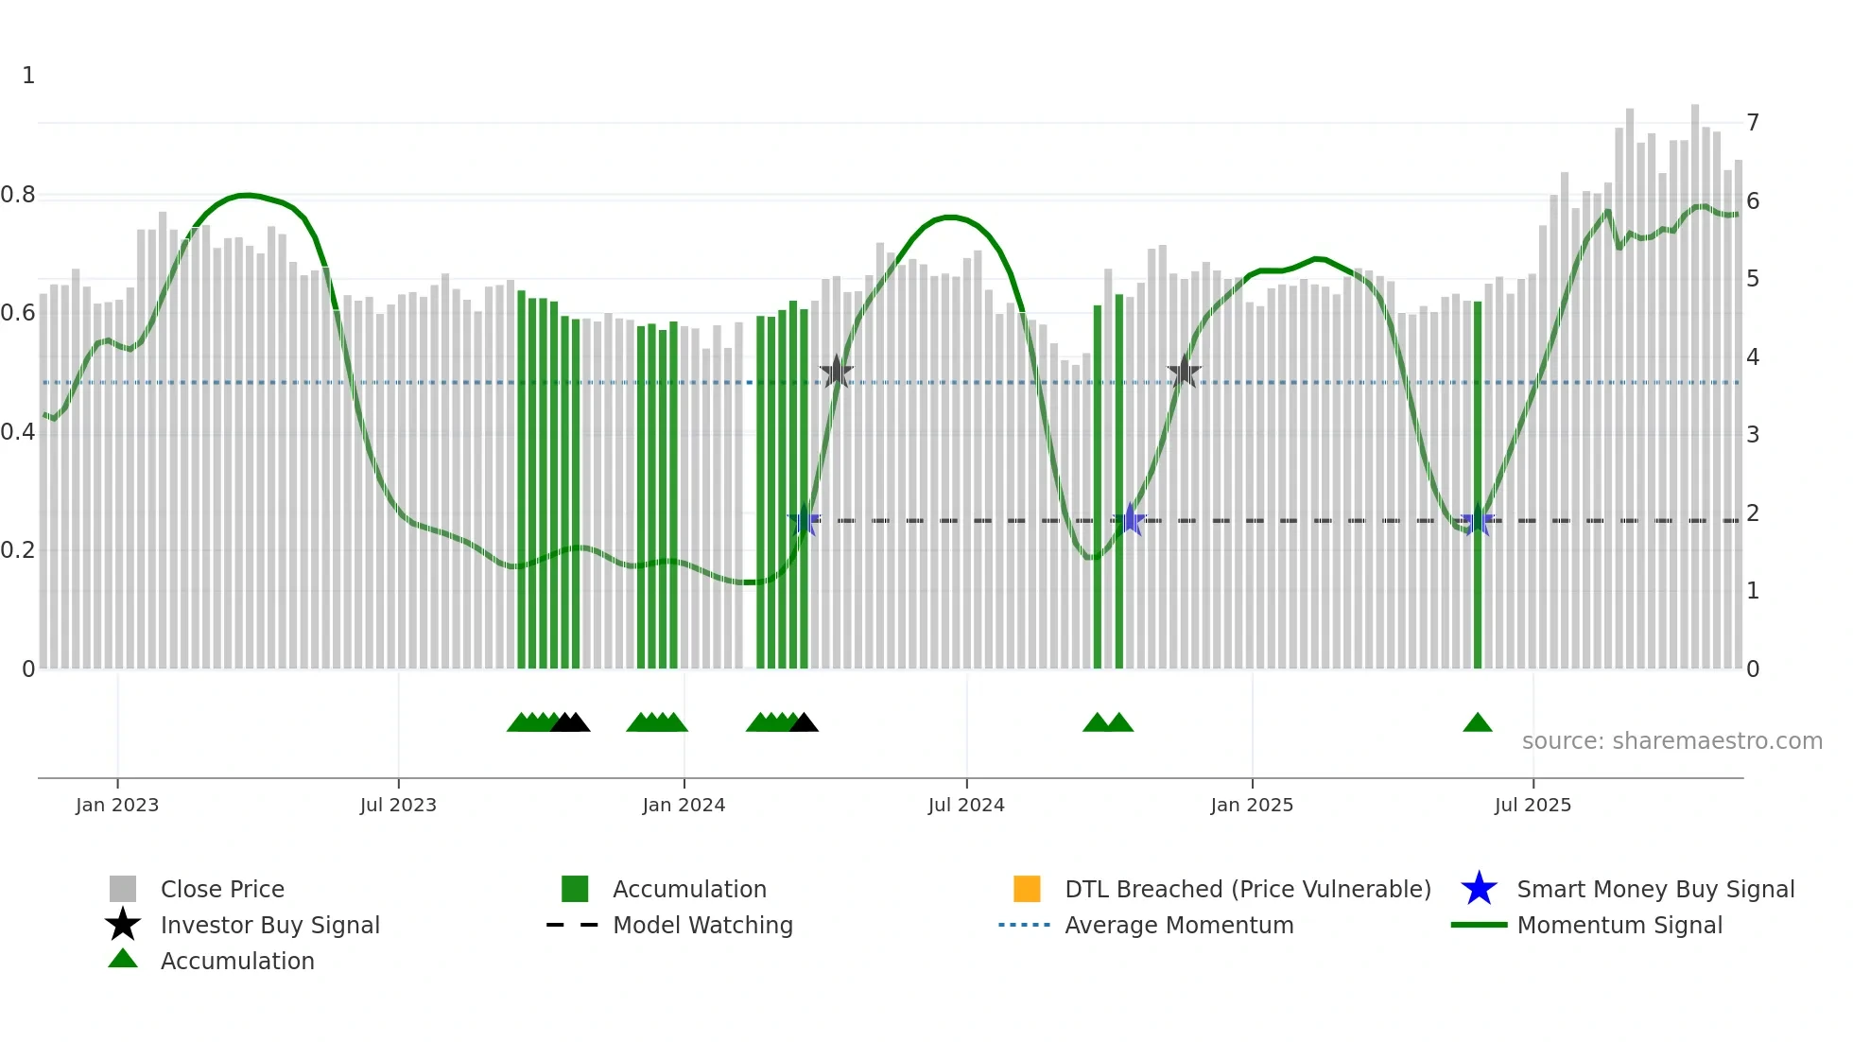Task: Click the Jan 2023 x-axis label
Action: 117,805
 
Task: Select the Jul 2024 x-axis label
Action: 966,805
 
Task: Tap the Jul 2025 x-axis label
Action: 1533,805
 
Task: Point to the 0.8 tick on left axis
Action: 18,195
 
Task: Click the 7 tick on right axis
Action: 1753,123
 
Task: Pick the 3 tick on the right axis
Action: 1753,435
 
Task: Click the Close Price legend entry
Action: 222,889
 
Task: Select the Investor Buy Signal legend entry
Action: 269,925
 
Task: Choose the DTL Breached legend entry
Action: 1247,889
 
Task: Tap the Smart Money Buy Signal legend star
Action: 1479,889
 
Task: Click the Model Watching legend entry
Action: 702,925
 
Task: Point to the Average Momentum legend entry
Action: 1179,925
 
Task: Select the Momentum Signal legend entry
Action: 1619,925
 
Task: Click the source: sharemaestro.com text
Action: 1671,741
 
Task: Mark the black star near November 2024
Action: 1184,373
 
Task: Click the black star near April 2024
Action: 836,373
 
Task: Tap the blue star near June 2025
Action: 1478,520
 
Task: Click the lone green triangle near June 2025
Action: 1477,723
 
